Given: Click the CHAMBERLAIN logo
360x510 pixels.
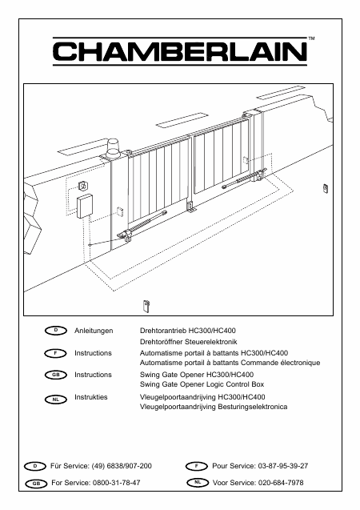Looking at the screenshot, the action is pos(180,51).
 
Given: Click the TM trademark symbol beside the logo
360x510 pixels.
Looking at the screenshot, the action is pos(311,38).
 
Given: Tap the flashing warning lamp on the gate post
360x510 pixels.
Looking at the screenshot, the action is pos(113,149).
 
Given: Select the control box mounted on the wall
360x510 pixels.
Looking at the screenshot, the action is pos(85,207).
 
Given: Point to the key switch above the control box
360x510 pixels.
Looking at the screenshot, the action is pos(83,186).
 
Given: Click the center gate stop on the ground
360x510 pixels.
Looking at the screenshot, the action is pos(190,207).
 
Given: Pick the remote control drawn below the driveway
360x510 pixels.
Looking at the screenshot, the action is pos(146,306).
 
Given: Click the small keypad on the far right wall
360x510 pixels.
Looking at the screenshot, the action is pos(326,188).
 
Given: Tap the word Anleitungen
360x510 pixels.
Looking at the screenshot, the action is pos(94,331).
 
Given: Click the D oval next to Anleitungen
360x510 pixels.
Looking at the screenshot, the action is pos(56,331).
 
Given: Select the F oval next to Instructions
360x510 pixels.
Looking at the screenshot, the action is pos(55,353).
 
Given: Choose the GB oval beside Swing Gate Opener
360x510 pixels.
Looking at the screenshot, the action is pos(55,375).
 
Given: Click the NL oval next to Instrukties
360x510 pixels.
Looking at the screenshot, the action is pos(55,399).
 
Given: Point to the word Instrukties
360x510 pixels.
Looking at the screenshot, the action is pos(90,397).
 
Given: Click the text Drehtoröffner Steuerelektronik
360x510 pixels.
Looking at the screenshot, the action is pos(189,342).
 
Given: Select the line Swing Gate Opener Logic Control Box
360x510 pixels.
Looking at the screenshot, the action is pos(202,384).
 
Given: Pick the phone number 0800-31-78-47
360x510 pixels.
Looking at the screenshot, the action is pos(116,483).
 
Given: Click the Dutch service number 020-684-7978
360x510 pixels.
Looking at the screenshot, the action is pos(281,483).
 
